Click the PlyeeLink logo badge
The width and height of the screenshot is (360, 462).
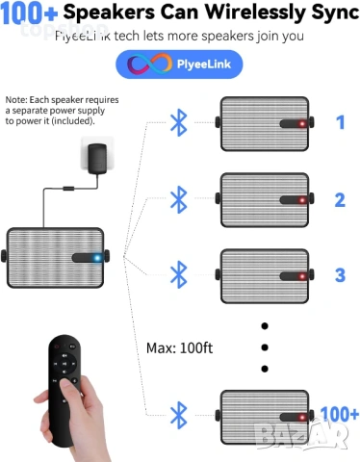pyautogui.click(x=179, y=64)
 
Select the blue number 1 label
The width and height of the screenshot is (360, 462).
pyautogui.click(x=340, y=122)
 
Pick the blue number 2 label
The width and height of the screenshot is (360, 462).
pyautogui.click(x=340, y=199)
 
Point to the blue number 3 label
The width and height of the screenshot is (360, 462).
pyautogui.click(x=340, y=274)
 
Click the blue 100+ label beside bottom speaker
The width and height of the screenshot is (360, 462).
pyautogui.click(x=339, y=414)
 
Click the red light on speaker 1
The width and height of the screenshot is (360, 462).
pyautogui.click(x=300, y=124)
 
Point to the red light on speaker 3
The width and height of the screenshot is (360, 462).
pyautogui.click(x=300, y=276)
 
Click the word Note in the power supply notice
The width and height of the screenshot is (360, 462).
pyautogui.click(x=15, y=100)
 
